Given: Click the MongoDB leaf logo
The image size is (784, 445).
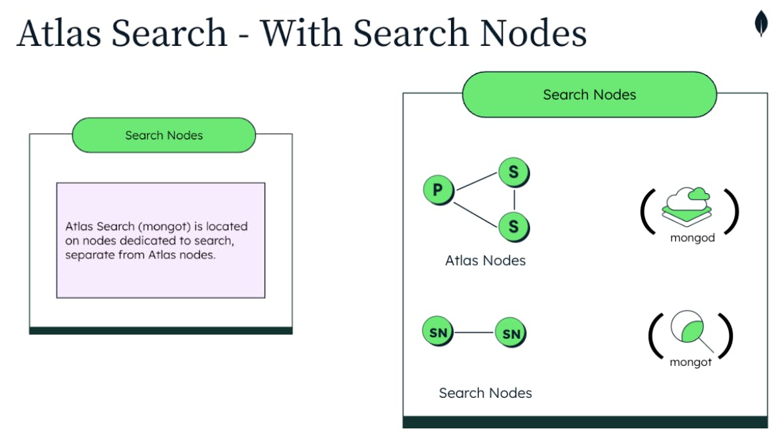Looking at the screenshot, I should coord(761,23).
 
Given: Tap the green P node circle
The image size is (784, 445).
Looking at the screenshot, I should coord(438,191).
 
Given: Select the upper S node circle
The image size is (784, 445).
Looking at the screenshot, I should coord(514,173).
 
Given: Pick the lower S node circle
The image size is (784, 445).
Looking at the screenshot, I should coord(514,226).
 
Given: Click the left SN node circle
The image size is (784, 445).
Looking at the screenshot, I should coord(438,332).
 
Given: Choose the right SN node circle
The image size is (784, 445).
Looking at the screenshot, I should coord(511,333).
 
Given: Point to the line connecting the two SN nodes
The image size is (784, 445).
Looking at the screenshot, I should coord(474,333).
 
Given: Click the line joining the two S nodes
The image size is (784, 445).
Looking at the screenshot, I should coord(514,199).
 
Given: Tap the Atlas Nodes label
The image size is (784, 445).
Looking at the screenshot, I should coord(485,260).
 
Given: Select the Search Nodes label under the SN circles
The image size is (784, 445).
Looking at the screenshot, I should coord(485,393).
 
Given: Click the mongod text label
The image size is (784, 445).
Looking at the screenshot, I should coord(692,238).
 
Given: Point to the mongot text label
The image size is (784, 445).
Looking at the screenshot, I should coord(690,363).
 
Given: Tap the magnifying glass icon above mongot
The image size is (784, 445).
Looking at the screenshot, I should coord(689,332).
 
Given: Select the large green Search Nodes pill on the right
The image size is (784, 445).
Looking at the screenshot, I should coord(589,94).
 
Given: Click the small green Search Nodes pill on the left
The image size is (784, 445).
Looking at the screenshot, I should coord(163,135).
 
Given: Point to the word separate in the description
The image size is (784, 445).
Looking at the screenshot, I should coord(86,255).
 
